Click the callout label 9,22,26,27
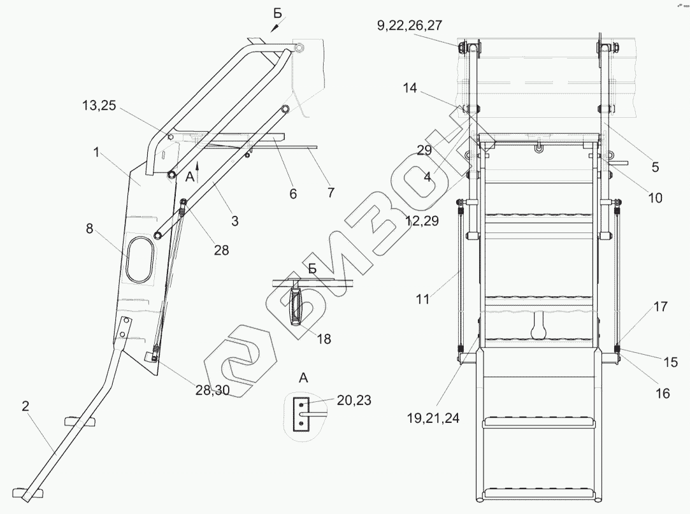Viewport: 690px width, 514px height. [x=409, y=25]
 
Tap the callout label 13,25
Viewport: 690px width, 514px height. [x=99, y=106]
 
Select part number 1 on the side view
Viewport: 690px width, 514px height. [x=96, y=153]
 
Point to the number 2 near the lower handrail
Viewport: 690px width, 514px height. [x=25, y=406]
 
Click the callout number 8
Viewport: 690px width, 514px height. [x=90, y=229]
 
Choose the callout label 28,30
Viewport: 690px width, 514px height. [x=213, y=390]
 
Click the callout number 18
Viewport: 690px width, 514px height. [x=324, y=339]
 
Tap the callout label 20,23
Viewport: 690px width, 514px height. [x=354, y=400]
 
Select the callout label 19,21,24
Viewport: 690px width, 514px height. [x=433, y=418]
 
